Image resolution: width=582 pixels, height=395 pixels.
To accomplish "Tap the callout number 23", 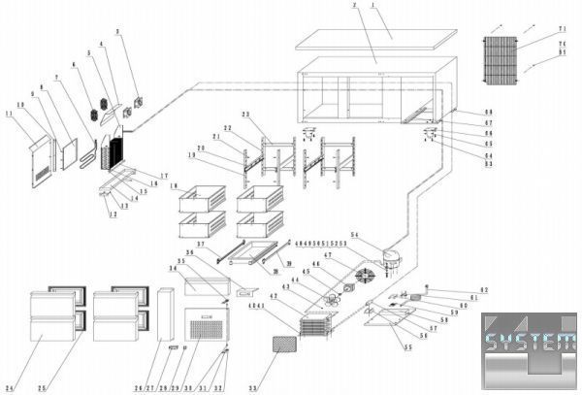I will click(245, 115).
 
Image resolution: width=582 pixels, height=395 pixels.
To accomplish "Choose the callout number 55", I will click(406, 346).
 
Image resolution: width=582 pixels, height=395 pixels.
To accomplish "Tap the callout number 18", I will click(173, 185).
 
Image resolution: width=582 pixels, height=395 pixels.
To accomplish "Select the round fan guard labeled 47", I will click(364, 277).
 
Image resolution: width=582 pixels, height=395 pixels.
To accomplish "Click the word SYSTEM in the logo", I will click(530, 342).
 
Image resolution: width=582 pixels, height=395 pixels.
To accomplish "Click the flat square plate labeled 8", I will click(69, 155).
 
